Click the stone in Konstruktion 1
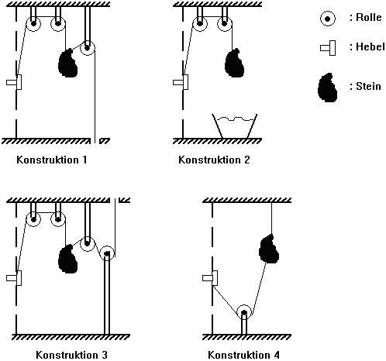click(67, 64)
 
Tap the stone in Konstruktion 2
click(235, 64)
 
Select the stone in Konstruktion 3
click(67, 259)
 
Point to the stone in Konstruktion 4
click(269, 249)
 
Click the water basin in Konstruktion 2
click(234, 126)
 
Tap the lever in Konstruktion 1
click(14, 82)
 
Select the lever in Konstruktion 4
click(210, 278)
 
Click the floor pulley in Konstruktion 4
click(244, 312)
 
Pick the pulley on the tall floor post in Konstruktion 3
click(107, 253)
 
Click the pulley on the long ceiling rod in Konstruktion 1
click(88, 48)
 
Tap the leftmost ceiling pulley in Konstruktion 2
click(200, 24)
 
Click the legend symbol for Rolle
click(328, 19)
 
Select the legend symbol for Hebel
click(328, 48)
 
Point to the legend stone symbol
click(327, 88)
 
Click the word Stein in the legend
click(368, 86)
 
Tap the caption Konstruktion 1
click(52, 160)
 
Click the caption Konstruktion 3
click(71, 355)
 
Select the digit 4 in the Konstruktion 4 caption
click(277, 355)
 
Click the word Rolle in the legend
click(369, 17)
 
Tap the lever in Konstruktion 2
click(181, 82)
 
